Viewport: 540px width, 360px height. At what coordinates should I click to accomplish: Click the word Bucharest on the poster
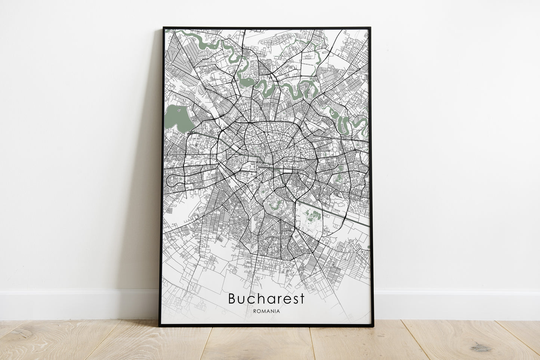pyautogui.click(x=266, y=299)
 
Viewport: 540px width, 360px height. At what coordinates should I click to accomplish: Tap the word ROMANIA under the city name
pyautogui.click(x=266, y=311)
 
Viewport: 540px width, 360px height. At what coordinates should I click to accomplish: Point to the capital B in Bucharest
pyautogui.click(x=232, y=299)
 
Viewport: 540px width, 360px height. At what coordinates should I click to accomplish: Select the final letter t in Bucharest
pyautogui.click(x=302, y=299)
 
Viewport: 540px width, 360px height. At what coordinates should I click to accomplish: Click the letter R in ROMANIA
pyautogui.click(x=255, y=311)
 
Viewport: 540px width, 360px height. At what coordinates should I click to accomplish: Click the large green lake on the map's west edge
pyautogui.click(x=178, y=117)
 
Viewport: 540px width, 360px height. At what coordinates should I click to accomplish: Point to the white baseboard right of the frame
pyautogui.click(x=456, y=304)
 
